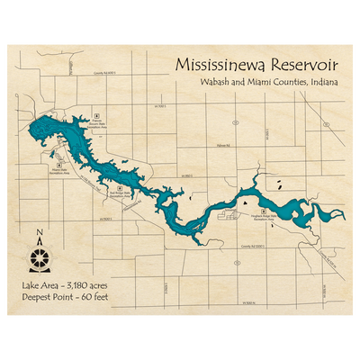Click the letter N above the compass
(x=40, y=238)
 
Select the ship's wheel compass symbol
(x=40, y=259)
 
